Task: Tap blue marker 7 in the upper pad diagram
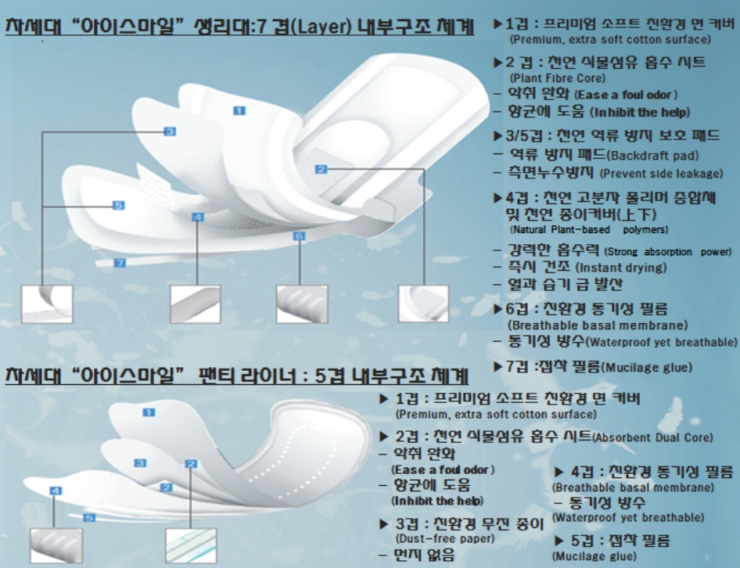point(120,264)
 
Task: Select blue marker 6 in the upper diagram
point(298,235)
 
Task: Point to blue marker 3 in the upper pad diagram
point(170,131)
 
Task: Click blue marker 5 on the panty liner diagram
point(89,517)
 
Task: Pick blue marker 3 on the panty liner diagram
point(140,463)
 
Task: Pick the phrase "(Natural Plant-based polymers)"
point(588,230)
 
